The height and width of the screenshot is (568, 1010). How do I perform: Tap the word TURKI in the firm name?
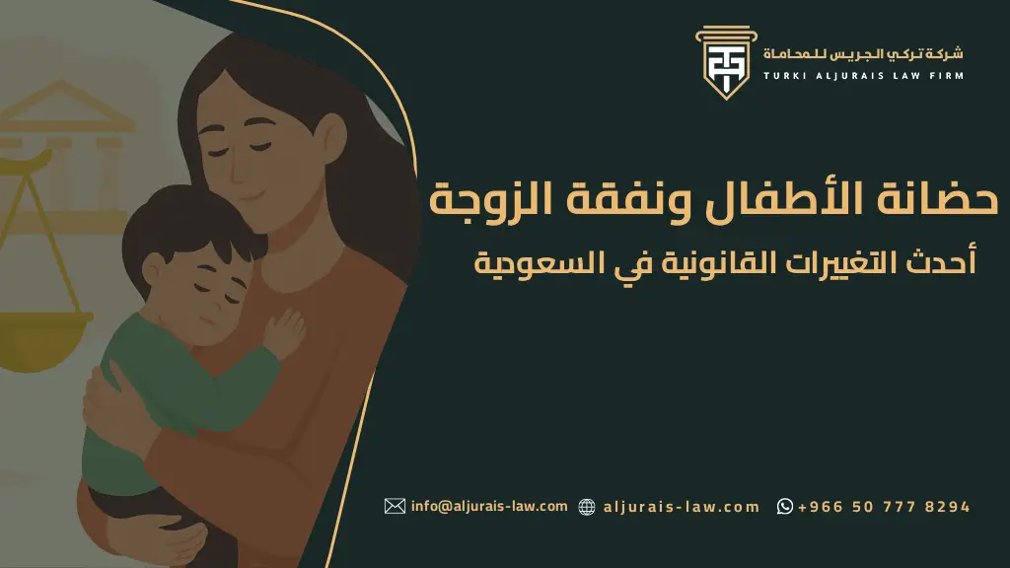click(x=786, y=76)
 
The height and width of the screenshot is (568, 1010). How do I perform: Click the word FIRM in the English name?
click(x=946, y=76)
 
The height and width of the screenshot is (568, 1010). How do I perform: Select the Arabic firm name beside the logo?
click(x=864, y=52)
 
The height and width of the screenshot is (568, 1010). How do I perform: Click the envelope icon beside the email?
click(x=395, y=506)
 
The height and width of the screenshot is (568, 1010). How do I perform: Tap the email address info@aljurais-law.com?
click(x=489, y=506)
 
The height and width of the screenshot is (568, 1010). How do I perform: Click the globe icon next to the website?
click(x=587, y=507)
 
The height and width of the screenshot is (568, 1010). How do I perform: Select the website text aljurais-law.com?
click(x=681, y=507)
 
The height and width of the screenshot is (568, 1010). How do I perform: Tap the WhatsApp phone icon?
click(x=785, y=507)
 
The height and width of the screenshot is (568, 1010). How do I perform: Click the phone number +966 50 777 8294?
click(x=884, y=507)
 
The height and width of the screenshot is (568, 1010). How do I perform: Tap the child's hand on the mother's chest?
click(x=286, y=331)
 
